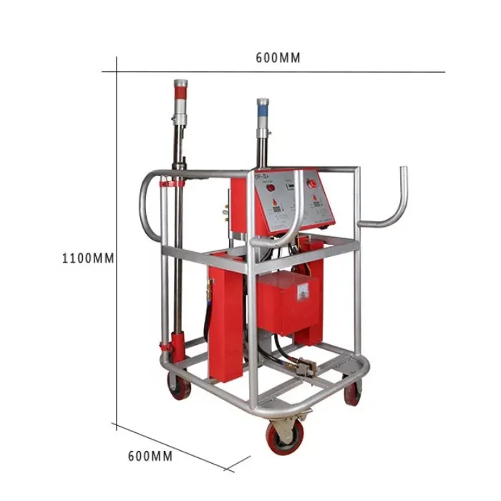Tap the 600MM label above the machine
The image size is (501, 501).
(x=278, y=58)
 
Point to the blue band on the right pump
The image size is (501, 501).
(x=263, y=112)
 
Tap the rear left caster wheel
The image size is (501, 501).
(x=175, y=386)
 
